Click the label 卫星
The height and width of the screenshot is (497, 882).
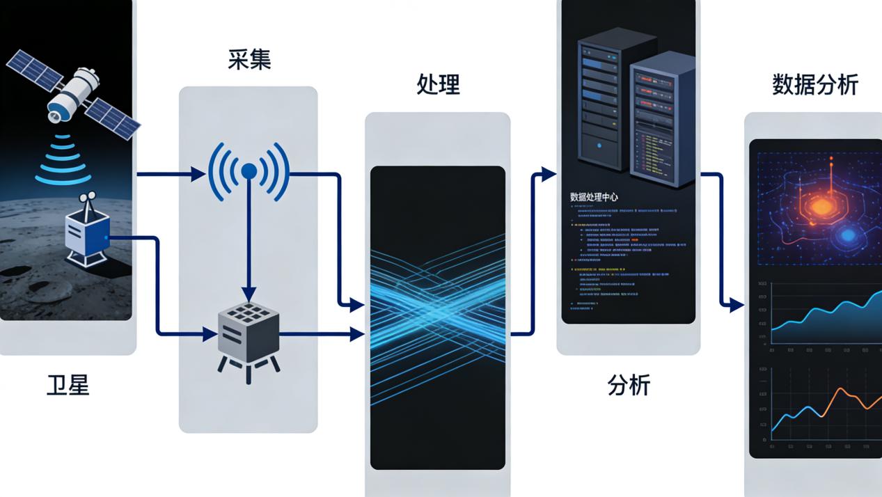68,385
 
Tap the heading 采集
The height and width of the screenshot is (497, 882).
249,60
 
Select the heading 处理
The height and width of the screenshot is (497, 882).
438,85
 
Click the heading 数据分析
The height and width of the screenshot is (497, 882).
814,85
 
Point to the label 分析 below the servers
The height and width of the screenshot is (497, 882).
629,385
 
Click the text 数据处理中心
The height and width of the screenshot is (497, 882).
594,197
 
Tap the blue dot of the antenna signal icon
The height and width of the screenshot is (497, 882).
249,171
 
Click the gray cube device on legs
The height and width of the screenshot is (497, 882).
249,334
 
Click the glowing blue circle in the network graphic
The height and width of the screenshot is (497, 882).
847,236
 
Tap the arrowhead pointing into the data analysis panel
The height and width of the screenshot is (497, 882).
736,305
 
